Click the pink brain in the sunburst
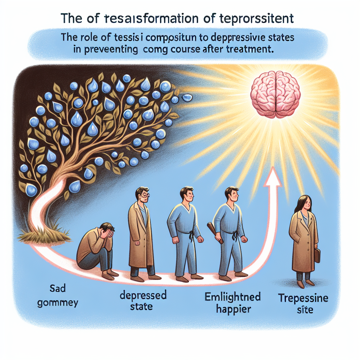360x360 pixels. pos(276,94)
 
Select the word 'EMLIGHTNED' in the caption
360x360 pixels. pos(232,297)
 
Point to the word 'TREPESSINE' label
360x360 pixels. pos(303,299)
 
